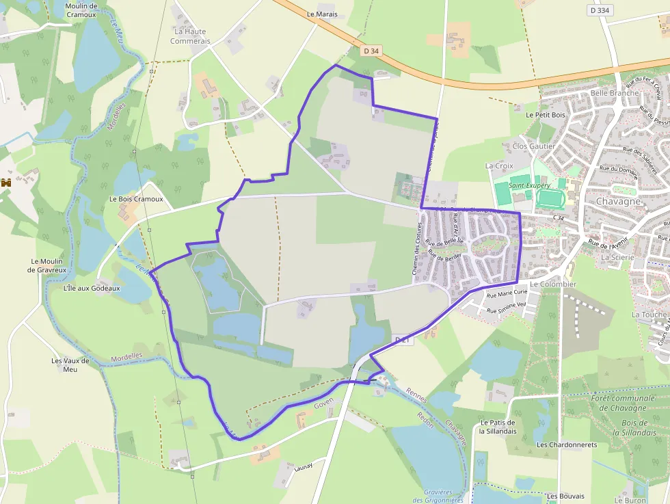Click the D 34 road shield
(371, 50)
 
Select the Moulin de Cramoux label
(81, 10)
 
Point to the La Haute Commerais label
(190, 36)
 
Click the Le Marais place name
(322, 14)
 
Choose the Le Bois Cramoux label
(136, 199)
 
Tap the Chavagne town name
(618, 202)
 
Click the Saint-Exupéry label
(529, 185)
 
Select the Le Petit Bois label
(546, 115)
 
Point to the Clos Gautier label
(533, 146)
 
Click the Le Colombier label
(553, 284)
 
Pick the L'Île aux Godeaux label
(91, 288)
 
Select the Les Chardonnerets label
(567, 445)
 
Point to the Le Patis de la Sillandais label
(497, 427)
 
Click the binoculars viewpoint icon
(7, 183)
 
